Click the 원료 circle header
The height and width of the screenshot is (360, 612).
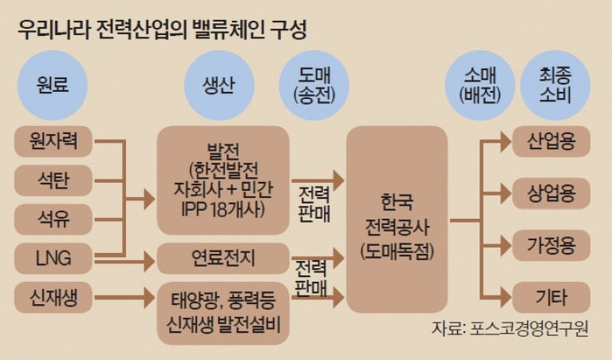(x=53, y=85)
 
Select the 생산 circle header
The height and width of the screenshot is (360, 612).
(x=219, y=85)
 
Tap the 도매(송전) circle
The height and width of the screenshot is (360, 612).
(x=314, y=85)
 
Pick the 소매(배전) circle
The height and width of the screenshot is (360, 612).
(x=480, y=85)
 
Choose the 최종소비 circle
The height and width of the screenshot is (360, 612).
(x=555, y=85)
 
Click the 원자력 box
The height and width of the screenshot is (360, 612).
(x=53, y=141)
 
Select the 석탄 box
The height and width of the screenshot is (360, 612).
(x=53, y=180)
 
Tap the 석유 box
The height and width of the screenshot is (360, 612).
(x=53, y=219)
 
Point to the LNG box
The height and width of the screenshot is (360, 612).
(x=53, y=258)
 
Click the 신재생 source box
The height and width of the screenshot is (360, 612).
(x=53, y=297)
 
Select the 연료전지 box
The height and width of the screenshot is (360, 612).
(x=223, y=258)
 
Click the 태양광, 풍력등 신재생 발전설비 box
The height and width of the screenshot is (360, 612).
(x=223, y=313)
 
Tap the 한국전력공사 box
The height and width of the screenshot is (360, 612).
(x=397, y=219)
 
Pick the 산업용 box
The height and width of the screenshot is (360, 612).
(x=551, y=141)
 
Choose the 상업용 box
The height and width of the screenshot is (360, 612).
(x=551, y=193)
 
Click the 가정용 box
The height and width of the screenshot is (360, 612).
(x=551, y=245)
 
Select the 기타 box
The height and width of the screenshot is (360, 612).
(x=551, y=297)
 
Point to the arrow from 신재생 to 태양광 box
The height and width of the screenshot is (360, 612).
(x=125, y=298)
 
